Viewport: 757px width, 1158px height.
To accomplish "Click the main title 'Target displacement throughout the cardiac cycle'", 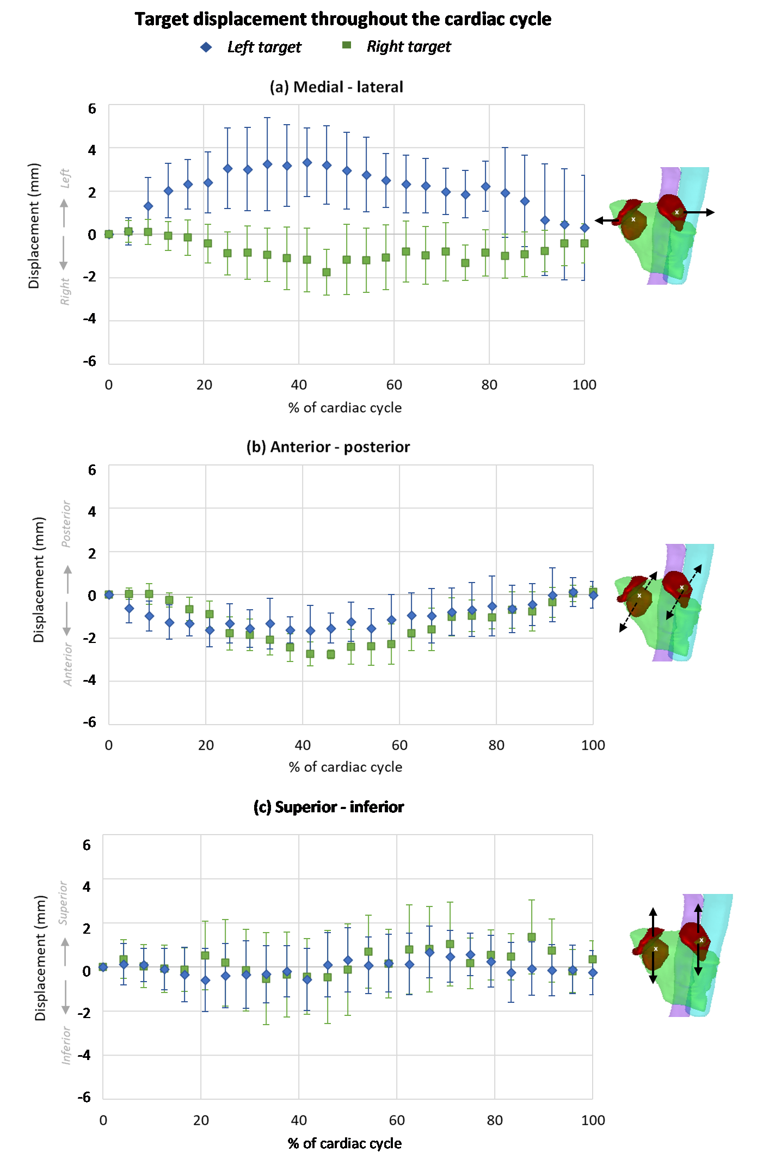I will point(343,19).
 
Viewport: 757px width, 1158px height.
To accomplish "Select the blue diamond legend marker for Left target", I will point(206,47).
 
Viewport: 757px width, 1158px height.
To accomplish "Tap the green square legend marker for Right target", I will point(347,45).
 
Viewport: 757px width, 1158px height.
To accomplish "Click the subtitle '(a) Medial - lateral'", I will point(336,87).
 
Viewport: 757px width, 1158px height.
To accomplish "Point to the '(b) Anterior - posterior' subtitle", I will point(328,447).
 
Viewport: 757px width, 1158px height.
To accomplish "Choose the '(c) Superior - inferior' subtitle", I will point(329,807).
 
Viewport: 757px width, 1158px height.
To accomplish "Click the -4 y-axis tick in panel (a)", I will point(89,319).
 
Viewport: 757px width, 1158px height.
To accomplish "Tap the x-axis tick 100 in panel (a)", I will point(584,385).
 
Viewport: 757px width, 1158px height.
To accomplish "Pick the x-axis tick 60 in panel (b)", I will point(399,745).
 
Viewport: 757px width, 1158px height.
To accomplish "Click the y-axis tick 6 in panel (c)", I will point(87,845).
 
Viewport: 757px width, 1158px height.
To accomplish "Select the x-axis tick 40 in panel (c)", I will point(299,1120).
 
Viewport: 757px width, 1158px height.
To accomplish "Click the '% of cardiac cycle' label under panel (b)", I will point(346,767).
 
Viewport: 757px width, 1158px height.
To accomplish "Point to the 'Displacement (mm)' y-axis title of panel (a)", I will point(34,226).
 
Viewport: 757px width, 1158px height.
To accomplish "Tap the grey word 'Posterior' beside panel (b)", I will point(66,524).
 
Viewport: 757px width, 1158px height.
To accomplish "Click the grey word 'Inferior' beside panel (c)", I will point(66,1045).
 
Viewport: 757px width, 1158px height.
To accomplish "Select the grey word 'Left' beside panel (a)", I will point(65,178).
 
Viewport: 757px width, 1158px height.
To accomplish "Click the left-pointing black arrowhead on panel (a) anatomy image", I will point(599,220).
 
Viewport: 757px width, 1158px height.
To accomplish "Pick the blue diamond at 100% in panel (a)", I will point(584,228).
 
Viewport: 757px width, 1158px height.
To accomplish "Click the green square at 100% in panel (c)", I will point(593,959).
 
